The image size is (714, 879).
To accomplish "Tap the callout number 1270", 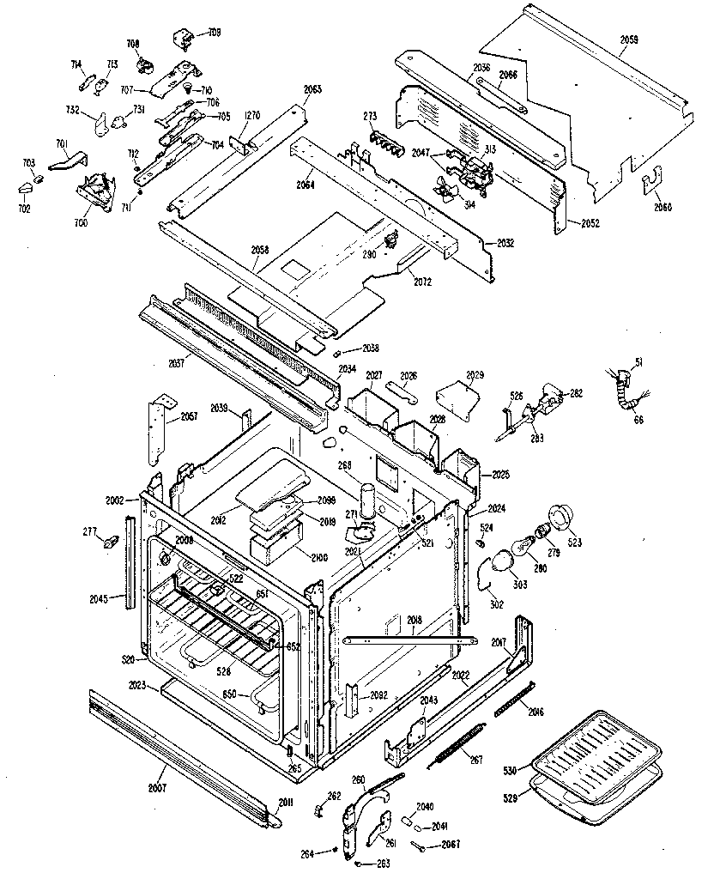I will pos(251,114).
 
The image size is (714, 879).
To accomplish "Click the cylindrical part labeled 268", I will pos(370,499).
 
